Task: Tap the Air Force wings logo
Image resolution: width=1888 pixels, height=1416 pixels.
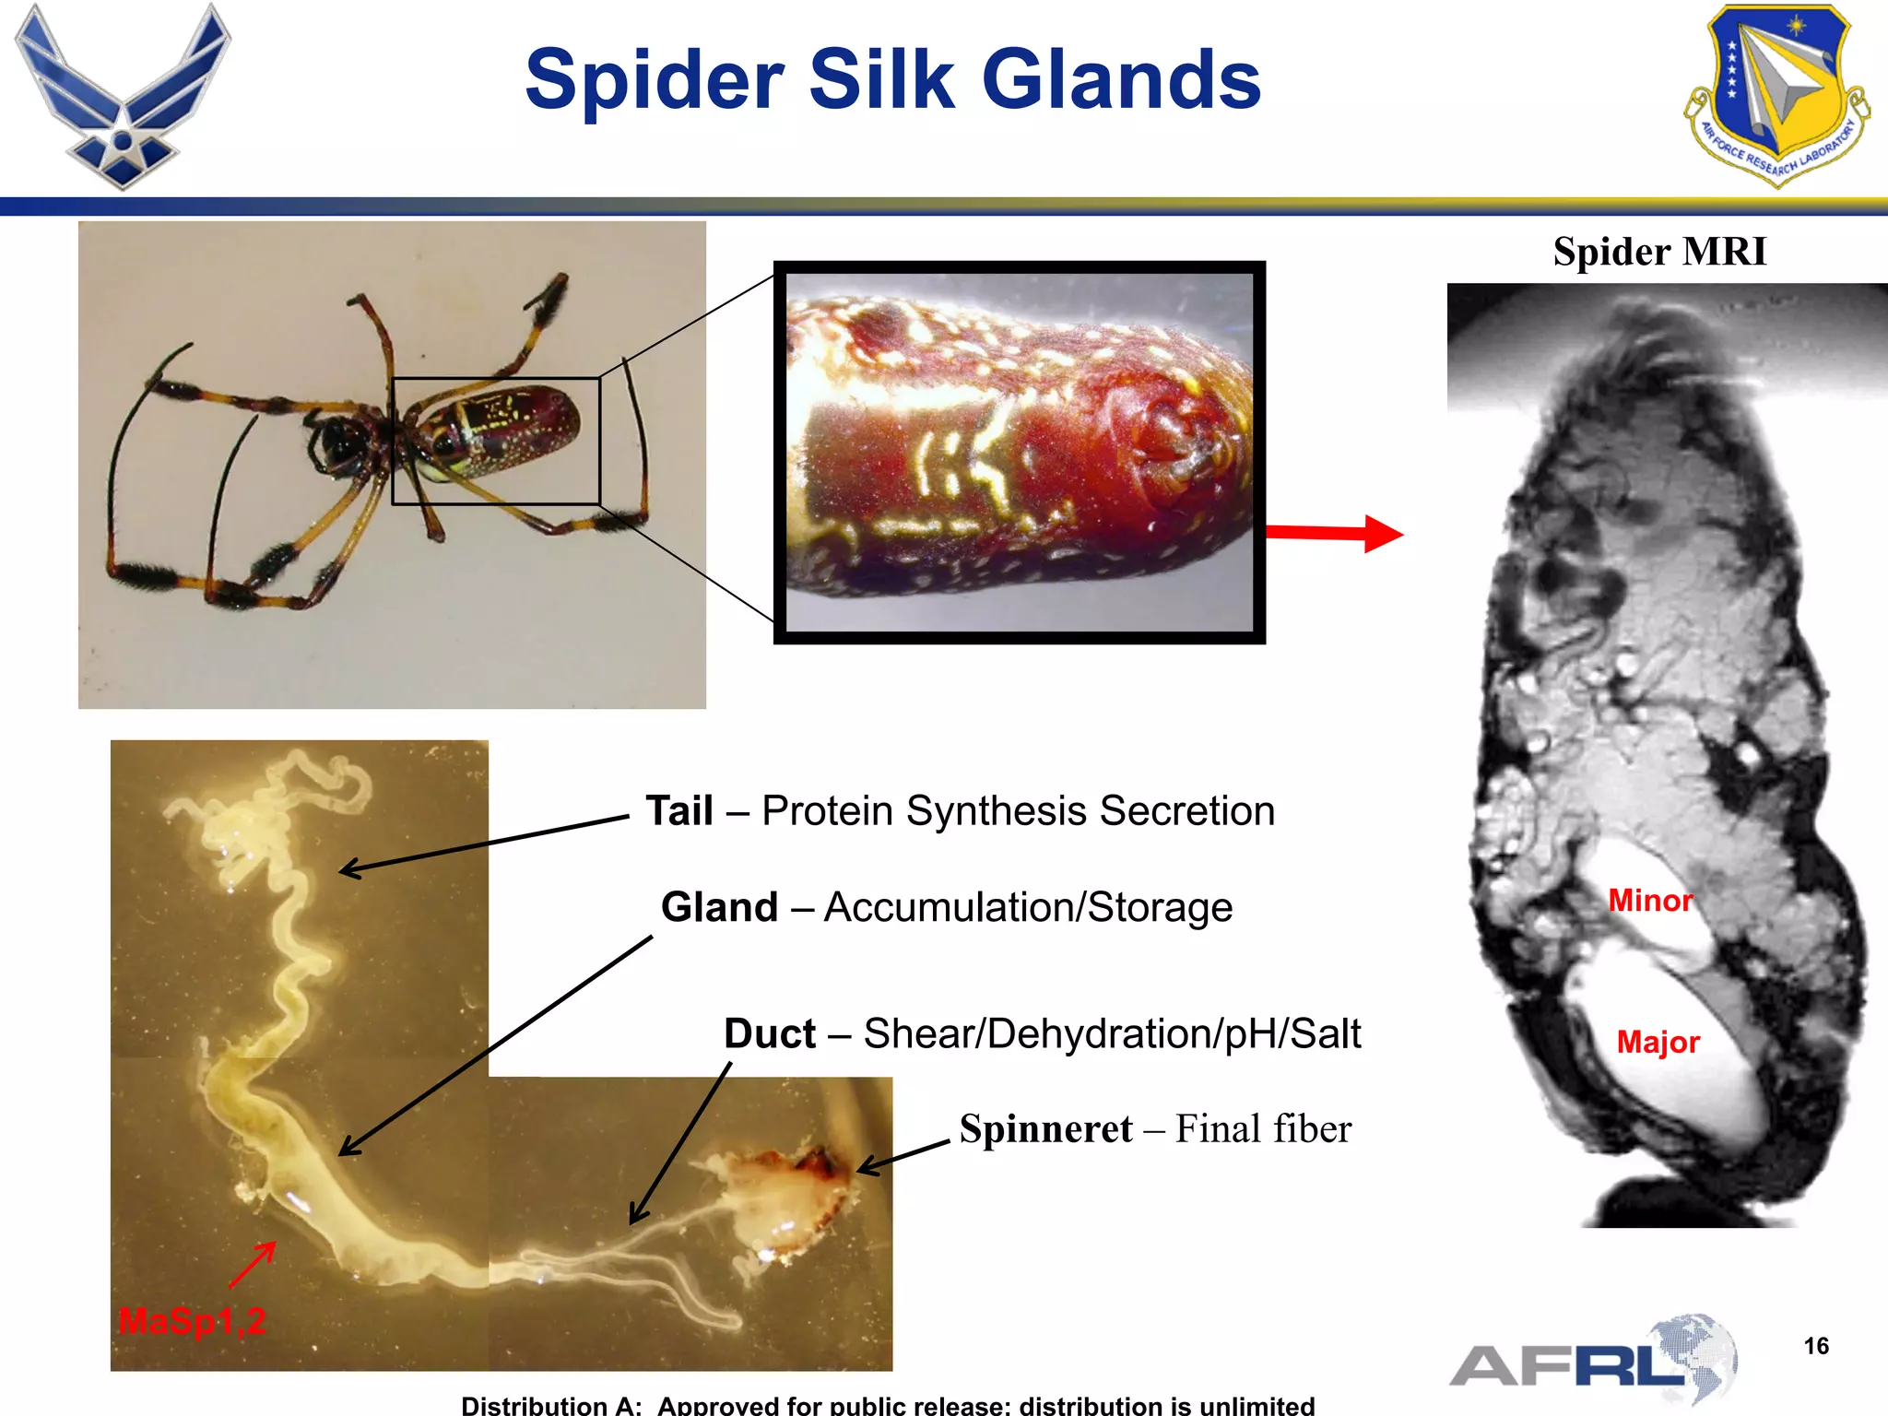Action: click(122, 96)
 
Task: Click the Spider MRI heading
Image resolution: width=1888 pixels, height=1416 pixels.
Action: click(1659, 252)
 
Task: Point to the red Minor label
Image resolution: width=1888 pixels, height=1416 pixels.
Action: click(1650, 901)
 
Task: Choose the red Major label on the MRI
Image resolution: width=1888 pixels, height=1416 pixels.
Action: click(1658, 1043)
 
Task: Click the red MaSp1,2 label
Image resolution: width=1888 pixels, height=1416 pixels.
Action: click(192, 1321)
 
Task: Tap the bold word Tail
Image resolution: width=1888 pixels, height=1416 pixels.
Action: click(679, 811)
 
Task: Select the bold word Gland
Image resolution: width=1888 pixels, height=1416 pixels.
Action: click(720, 907)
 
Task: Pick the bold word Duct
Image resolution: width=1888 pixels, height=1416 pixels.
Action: click(770, 1033)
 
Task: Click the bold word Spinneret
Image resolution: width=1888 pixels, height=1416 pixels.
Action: click(1045, 1129)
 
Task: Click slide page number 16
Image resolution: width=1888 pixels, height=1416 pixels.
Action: click(1816, 1346)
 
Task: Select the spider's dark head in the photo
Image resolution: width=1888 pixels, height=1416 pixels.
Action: click(336, 440)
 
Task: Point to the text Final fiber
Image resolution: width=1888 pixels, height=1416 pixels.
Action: click(1263, 1129)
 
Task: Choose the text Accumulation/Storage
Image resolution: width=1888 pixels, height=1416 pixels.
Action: click(1028, 907)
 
